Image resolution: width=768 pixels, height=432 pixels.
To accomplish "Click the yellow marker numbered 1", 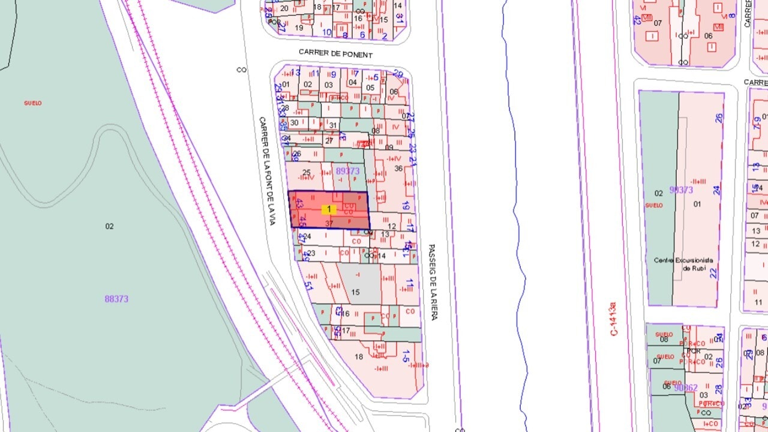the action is tap(328, 209).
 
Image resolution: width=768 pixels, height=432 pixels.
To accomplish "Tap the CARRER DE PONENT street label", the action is tap(336, 55).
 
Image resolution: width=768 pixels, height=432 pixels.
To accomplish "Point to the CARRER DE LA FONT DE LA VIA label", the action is tap(266, 171).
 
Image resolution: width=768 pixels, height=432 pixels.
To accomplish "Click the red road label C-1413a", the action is tap(613, 318).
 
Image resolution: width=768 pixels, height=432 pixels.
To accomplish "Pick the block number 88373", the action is tap(116, 299).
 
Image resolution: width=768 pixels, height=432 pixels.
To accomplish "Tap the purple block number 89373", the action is tap(347, 171).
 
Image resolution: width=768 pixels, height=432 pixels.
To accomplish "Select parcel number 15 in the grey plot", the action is tap(355, 292).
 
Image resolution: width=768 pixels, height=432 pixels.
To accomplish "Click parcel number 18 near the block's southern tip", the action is tap(359, 357).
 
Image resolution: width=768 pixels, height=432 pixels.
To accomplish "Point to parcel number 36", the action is tap(398, 169).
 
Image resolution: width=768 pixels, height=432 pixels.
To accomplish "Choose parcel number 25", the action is tap(307, 173).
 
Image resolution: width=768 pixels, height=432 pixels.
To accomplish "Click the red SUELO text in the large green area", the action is tap(33, 103).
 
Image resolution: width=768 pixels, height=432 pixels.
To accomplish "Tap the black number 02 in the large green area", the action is tap(109, 226).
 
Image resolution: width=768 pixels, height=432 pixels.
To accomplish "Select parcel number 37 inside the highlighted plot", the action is tap(329, 223).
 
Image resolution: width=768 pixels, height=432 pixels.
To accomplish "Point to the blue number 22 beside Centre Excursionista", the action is tap(713, 273).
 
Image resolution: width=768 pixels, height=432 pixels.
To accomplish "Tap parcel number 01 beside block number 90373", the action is tap(697, 204).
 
